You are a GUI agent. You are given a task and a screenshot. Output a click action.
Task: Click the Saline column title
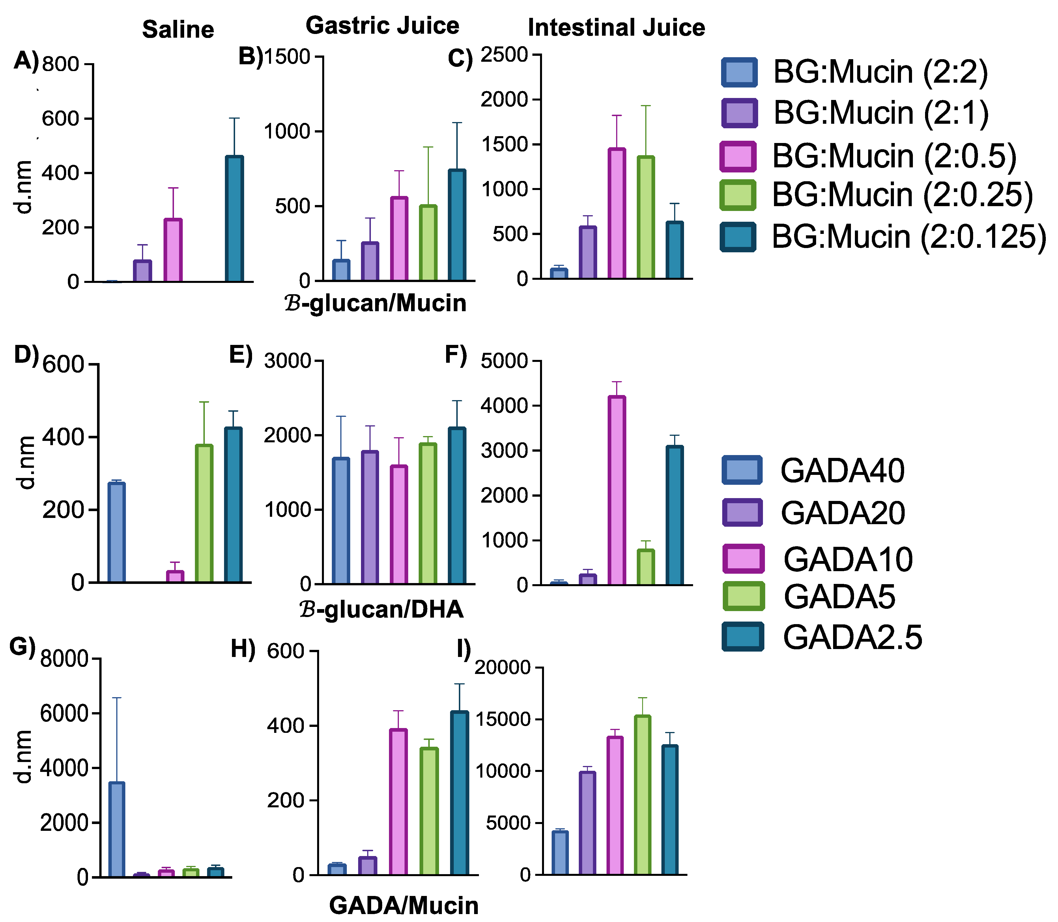[x=178, y=30]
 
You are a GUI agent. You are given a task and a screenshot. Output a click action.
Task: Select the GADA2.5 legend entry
[x=852, y=637]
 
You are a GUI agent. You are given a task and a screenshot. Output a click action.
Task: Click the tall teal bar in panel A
[x=235, y=219]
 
